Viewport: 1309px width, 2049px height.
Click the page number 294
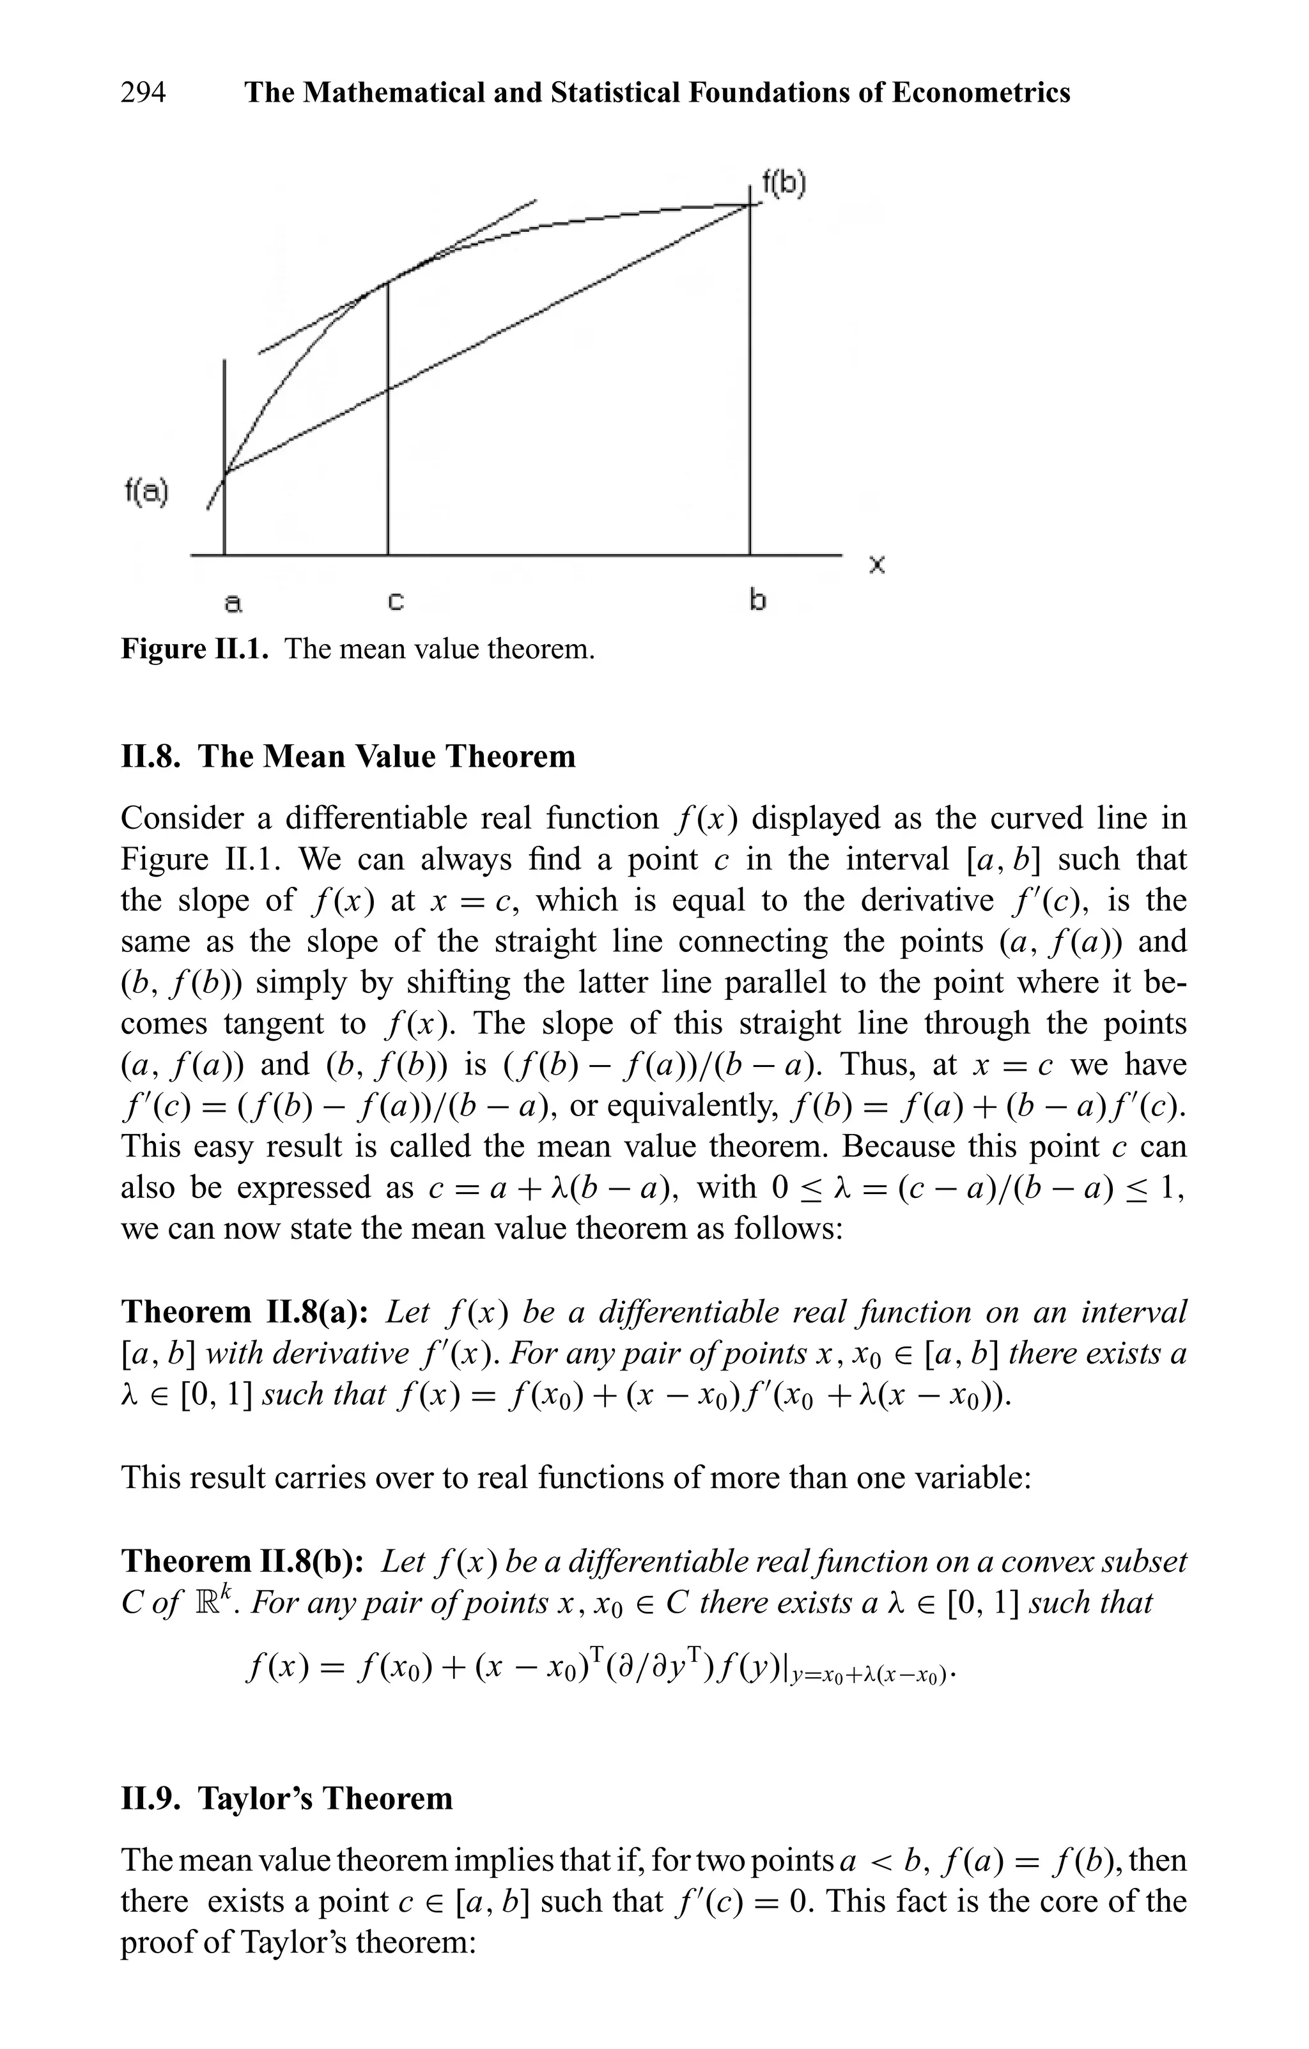(143, 92)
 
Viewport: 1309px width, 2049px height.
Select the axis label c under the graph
(395, 602)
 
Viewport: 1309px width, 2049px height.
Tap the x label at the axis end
(877, 564)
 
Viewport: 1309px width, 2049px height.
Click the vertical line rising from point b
(750, 383)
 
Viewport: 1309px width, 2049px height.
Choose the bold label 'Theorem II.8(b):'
(243, 1561)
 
